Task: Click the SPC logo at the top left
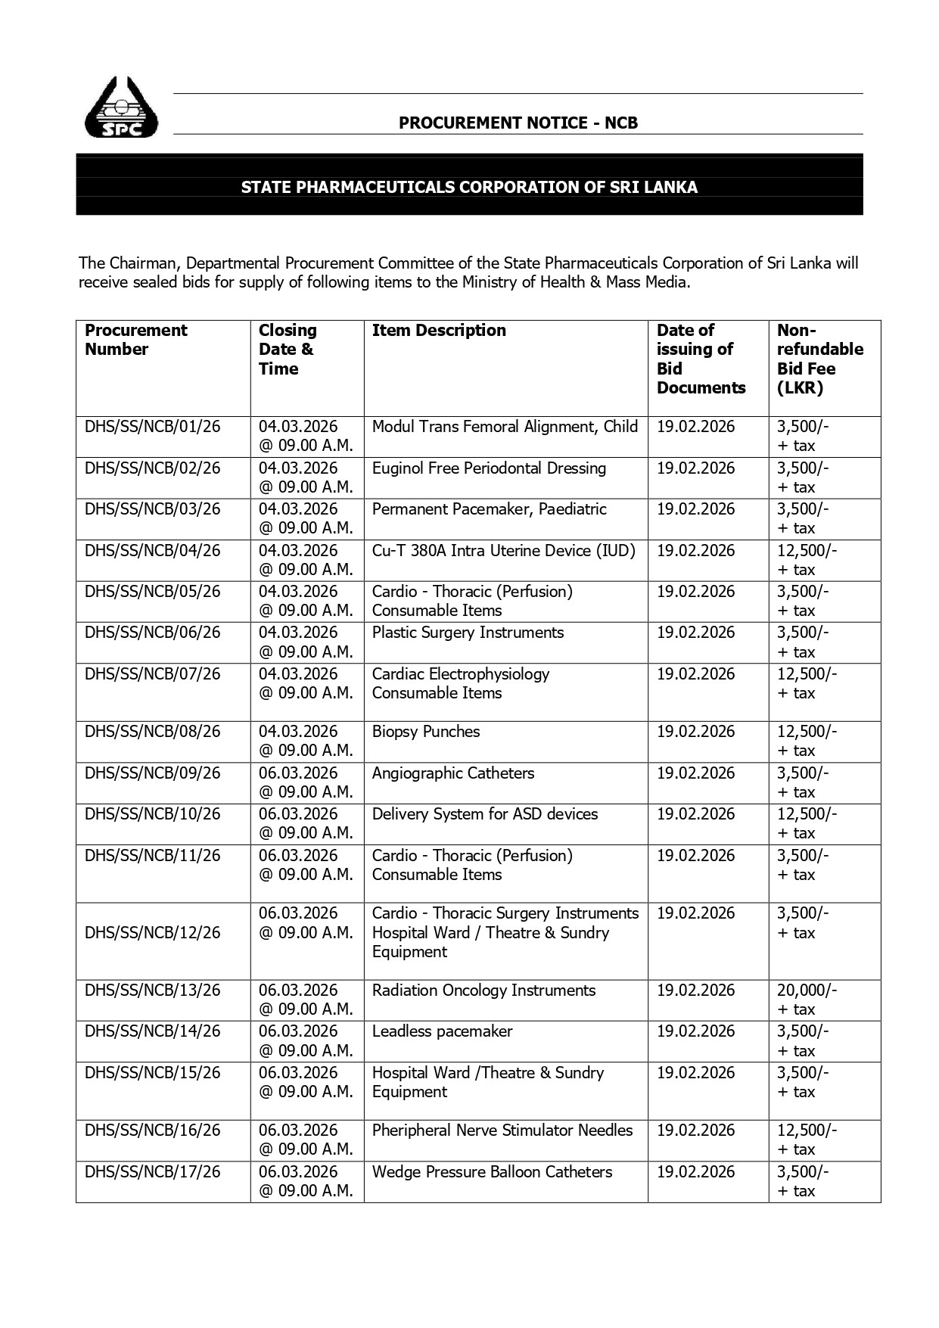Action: point(122,107)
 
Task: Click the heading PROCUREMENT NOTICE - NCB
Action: point(518,123)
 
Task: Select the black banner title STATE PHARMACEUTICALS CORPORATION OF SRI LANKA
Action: point(469,187)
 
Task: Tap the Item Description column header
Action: point(439,331)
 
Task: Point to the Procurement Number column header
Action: point(135,340)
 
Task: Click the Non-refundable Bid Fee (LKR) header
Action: point(819,359)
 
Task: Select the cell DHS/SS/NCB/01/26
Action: point(152,427)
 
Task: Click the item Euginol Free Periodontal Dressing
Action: point(489,468)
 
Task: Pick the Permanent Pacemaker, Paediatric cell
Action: point(489,509)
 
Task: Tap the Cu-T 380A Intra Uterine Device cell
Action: point(503,551)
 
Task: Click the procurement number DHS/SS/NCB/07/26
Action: point(152,674)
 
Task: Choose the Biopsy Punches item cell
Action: point(426,732)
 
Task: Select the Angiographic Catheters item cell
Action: point(452,773)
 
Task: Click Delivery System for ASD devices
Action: point(484,814)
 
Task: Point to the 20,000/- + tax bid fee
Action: point(807,1000)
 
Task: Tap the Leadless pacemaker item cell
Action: point(442,1031)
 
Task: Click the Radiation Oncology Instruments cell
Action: point(483,991)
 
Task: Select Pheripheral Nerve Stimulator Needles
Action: point(502,1131)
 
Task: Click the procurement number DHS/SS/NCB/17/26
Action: point(152,1172)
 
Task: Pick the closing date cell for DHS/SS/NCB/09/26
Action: point(306,782)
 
